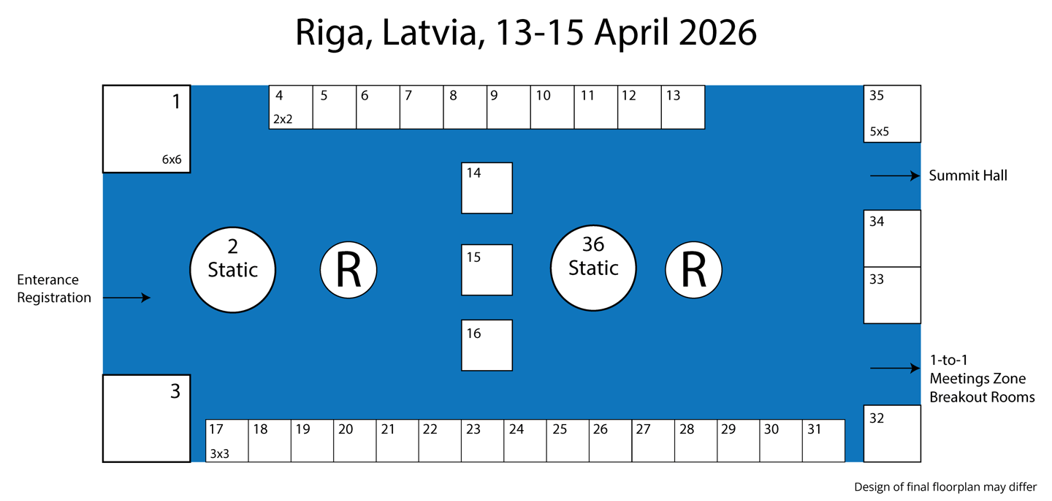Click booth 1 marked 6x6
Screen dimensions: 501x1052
click(146, 129)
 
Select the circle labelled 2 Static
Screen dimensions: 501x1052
click(233, 269)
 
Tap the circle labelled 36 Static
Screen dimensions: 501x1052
click(593, 268)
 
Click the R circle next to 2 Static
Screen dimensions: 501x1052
click(348, 270)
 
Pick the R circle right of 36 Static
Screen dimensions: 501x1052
click(693, 270)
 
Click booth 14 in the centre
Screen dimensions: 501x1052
click(487, 188)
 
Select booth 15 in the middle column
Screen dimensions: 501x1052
click(487, 270)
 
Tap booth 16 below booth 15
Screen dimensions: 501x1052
click(487, 345)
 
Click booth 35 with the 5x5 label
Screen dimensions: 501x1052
click(892, 113)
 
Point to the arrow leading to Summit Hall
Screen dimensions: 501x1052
click(894, 176)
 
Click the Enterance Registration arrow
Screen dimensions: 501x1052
click(126, 298)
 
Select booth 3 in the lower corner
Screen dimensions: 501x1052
click(146, 418)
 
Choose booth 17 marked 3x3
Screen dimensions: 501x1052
click(227, 440)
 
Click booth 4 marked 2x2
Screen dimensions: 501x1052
click(291, 108)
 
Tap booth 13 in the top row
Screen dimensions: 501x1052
click(683, 108)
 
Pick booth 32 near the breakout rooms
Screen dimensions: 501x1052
click(892, 434)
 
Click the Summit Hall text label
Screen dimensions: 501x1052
click(968, 176)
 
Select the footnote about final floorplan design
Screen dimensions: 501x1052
click(945, 487)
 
